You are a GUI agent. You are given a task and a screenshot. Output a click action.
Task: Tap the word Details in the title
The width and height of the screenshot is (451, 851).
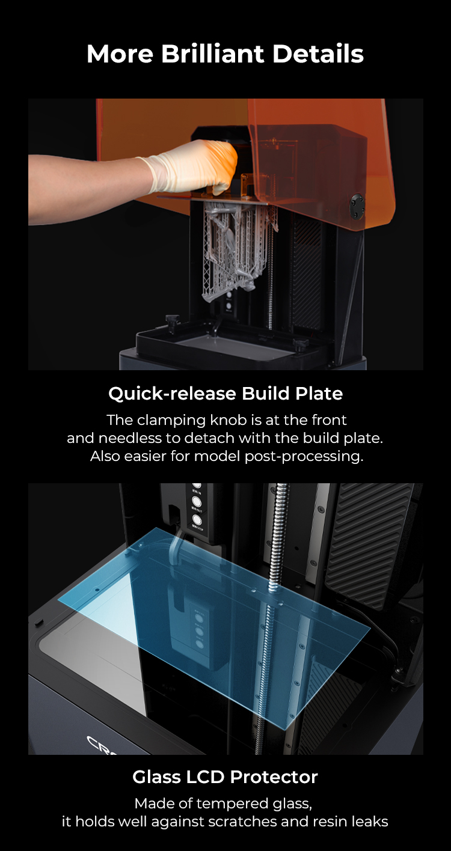pyautogui.click(x=318, y=54)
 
